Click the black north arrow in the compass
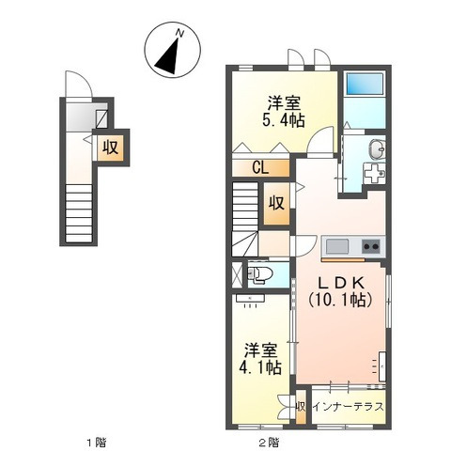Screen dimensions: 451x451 170,55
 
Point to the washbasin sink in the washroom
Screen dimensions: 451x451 376,148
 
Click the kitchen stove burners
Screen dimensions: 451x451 370,248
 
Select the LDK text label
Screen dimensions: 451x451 339,283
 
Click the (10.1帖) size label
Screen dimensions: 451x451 339,300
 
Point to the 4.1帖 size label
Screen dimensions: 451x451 259,367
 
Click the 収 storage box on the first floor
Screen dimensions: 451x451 110,147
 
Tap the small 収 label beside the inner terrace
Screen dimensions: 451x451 301,407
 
